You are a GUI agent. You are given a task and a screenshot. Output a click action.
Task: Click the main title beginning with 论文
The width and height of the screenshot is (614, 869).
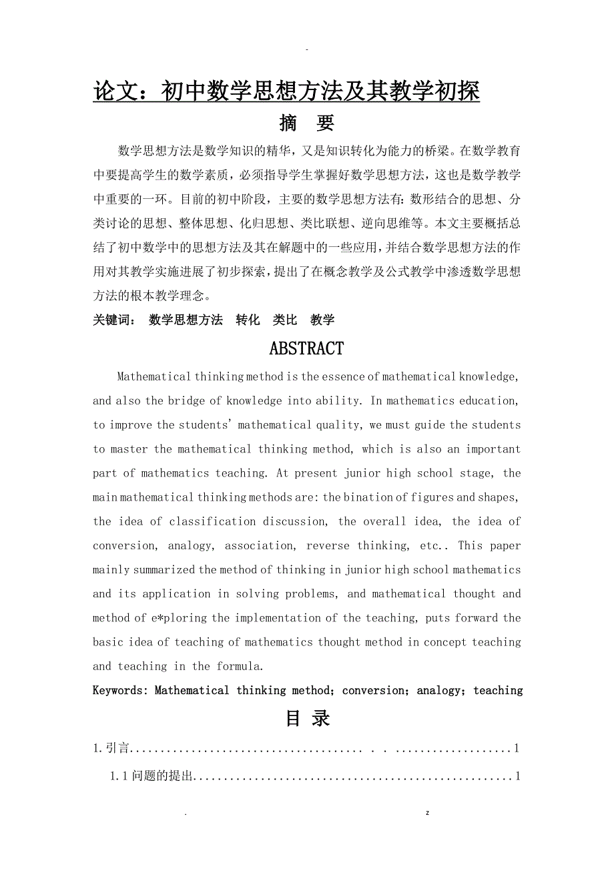click(x=286, y=91)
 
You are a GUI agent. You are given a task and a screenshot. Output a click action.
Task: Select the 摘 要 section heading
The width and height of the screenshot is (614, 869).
click(x=306, y=123)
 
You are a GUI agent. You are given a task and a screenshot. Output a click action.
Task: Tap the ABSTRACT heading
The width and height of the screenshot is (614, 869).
click(x=306, y=348)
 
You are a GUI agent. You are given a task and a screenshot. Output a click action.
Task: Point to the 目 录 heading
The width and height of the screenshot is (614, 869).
click(x=308, y=718)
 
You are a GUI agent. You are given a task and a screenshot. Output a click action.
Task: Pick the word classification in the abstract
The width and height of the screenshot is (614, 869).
click(x=212, y=521)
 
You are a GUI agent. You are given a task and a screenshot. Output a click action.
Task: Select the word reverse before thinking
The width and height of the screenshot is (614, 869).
click(x=328, y=546)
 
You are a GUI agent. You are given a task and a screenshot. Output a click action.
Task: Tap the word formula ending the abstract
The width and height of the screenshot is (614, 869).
click(x=238, y=666)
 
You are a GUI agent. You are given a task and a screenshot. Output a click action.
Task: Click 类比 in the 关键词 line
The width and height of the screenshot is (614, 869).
click(x=285, y=320)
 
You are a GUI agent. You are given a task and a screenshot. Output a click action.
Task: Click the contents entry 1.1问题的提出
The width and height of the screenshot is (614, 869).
click(x=151, y=776)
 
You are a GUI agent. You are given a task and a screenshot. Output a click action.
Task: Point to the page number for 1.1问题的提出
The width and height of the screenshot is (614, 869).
click(x=517, y=776)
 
